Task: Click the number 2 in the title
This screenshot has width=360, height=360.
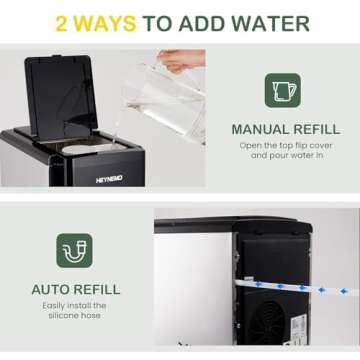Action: [62, 22]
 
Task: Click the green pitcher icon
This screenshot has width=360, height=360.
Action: [282, 90]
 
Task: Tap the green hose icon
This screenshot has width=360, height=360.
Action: [74, 251]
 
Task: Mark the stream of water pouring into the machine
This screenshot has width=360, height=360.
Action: [115, 125]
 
